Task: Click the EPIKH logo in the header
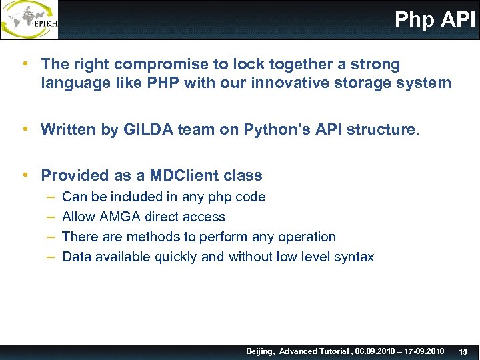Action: point(30,19)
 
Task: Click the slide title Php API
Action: point(435,19)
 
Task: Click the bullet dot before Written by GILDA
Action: point(25,129)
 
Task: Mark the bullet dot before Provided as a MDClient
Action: point(25,175)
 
